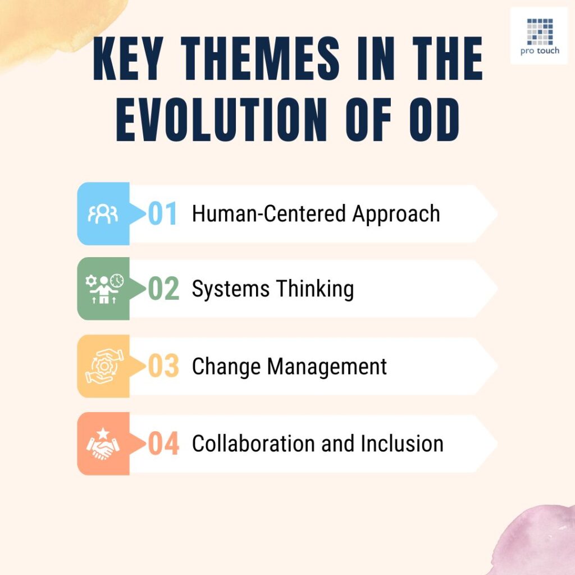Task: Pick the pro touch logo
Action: tap(539, 35)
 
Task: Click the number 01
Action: tap(163, 214)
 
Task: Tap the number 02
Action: tap(163, 289)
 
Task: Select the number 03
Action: tap(163, 367)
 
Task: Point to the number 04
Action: tap(163, 444)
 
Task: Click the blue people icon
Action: tap(103, 214)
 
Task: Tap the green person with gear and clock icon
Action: tap(103, 289)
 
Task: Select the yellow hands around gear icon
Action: tap(103, 366)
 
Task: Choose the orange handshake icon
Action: tap(103, 444)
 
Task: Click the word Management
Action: tap(327, 367)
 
